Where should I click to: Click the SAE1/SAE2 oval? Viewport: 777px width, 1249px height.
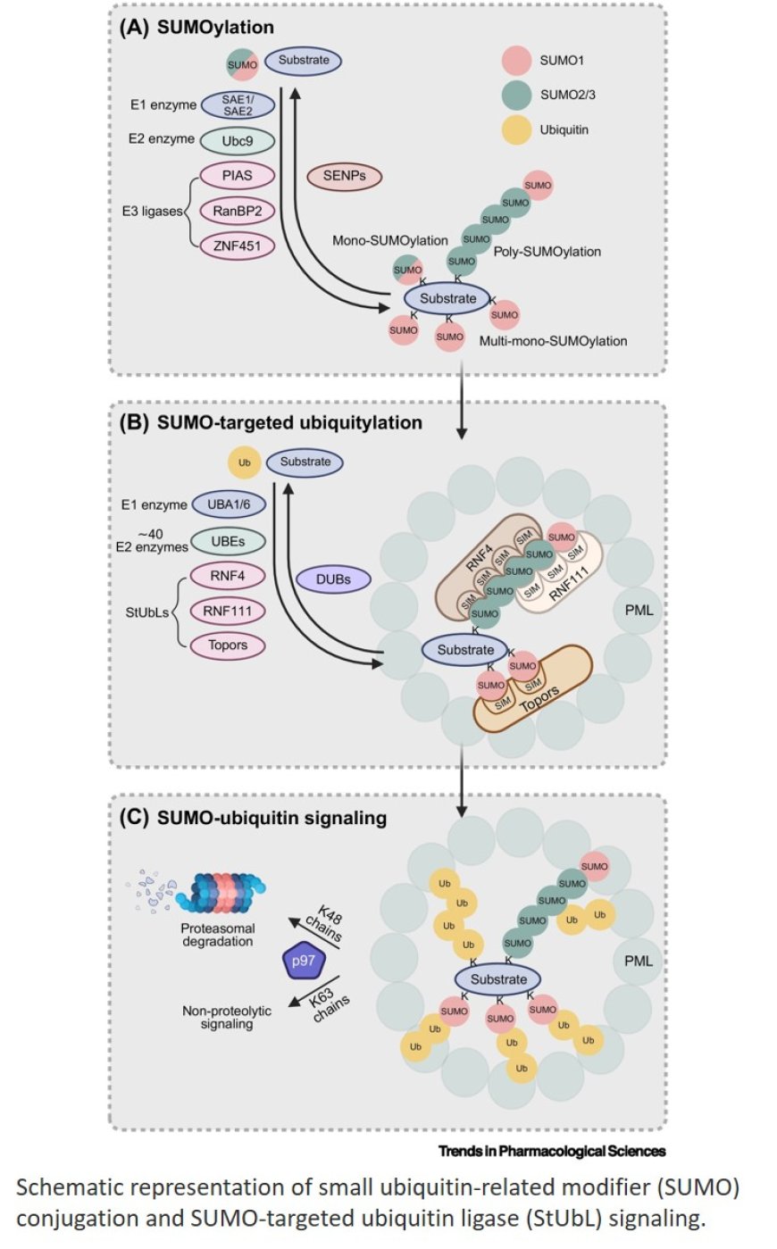pos(238,105)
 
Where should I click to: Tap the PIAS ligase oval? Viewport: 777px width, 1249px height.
pos(237,176)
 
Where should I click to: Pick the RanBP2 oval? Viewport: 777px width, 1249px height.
pos(237,211)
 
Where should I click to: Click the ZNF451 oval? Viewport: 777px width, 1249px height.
pos(237,245)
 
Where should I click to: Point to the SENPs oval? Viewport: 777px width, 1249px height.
pos(344,176)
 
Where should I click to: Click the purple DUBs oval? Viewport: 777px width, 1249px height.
pos(333,579)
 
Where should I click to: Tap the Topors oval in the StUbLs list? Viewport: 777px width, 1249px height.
pos(229,645)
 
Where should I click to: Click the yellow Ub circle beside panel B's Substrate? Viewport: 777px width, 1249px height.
pos(244,463)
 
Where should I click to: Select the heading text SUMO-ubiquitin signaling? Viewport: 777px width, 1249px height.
pos(272,818)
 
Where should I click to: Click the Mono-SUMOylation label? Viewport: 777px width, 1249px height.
pos(390,241)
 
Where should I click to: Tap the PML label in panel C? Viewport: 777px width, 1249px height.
pos(639,962)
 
